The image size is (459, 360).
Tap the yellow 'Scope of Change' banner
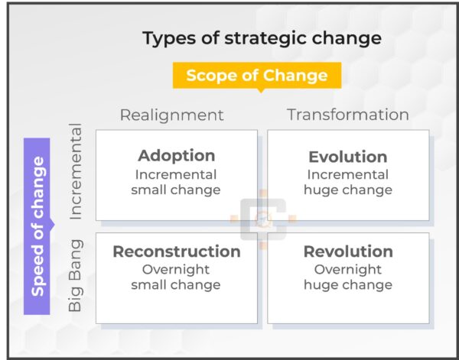pos(256,76)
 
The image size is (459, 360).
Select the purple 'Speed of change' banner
pos(37,225)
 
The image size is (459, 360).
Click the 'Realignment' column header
pos(171,115)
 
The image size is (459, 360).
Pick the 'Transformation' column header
pos(347,115)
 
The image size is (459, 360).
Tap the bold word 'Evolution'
pos(347,157)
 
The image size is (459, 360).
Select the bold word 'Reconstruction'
pos(176,251)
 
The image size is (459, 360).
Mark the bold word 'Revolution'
pos(347,251)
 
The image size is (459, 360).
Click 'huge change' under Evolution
pos(347,190)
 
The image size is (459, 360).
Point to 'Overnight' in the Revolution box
pos(347,269)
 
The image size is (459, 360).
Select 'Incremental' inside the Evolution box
pos(347,174)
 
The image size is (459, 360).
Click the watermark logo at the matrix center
pos(262,220)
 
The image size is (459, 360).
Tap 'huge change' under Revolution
pos(347,285)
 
